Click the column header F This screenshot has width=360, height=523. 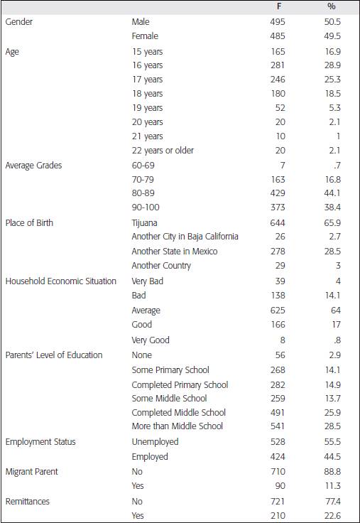coord(278,6)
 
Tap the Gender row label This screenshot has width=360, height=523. coord(19,22)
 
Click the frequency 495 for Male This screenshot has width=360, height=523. coord(277,22)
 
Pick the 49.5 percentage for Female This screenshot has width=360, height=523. coord(332,36)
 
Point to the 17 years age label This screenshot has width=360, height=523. coord(147,80)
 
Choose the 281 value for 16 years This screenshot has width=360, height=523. coord(277,65)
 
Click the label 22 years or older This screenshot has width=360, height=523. coord(163,151)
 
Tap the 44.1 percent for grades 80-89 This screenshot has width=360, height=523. coord(332,193)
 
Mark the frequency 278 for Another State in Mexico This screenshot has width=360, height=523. coord(277,252)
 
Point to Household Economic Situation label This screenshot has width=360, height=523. coord(61,281)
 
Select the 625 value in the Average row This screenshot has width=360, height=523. coord(277,311)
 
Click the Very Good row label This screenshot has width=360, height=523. coord(151,340)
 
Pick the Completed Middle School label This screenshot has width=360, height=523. coord(179,413)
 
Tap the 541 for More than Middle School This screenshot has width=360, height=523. coord(277,426)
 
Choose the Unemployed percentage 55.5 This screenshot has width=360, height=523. coord(332,442)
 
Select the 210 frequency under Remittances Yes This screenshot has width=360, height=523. coord(277,516)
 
